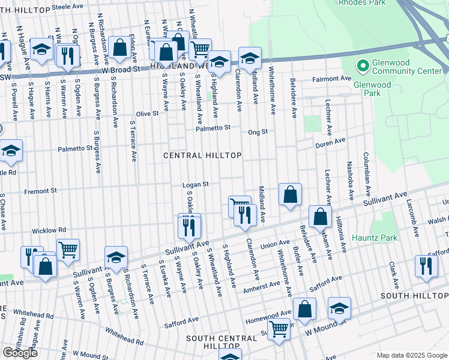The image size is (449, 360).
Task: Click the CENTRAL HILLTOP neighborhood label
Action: [x=203, y=155]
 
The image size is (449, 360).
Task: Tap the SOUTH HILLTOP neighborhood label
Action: [x=414, y=296]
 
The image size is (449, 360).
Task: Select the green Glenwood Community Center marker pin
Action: [x=362, y=65]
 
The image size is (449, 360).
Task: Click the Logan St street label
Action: [x=196, y=184]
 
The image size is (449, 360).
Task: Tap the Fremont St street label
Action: [x=40, y=191]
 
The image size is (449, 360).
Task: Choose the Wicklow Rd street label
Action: [x=49, y=230]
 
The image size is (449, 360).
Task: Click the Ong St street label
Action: [x=258, y=131]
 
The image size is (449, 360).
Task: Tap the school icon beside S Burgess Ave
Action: [x=116, y=256]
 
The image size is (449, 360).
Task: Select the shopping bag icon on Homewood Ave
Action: [x=304, y=308]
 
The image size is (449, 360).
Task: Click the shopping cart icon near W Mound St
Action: [x=279, y=329]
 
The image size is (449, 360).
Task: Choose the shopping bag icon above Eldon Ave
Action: [x=119, y=47]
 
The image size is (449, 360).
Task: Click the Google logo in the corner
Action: [x=20, y=353]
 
